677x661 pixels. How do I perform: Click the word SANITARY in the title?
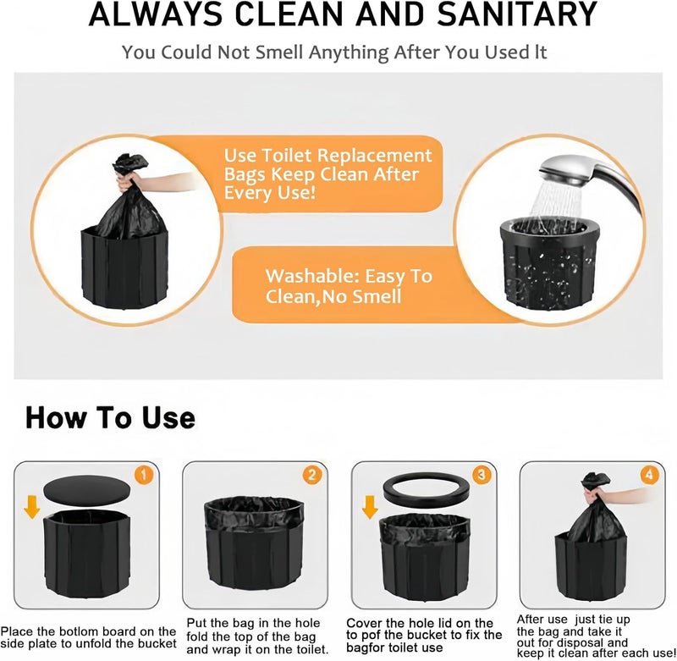click(517, 14)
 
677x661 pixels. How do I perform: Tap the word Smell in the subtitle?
click(279, 52)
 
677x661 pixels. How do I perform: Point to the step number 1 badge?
click(144, 476)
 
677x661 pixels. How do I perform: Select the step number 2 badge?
click(311, 476)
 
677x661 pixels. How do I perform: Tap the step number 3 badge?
click(482, 475)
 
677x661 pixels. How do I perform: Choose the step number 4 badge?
click(649, 475)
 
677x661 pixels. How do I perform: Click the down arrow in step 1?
click(32, 507)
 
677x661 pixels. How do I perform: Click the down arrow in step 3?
click(370, 507)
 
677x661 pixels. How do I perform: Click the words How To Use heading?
click(111, 417)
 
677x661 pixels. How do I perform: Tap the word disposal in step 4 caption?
click(580, 642)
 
